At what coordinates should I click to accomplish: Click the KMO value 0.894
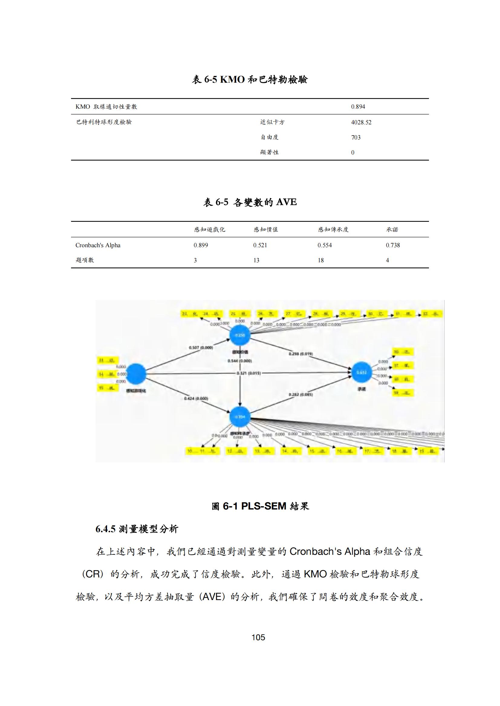point(358,107)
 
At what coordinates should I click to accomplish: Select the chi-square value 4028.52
point(361,122)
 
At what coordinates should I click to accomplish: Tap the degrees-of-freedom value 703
point(356,137)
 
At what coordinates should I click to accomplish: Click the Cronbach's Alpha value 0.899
point(201,245)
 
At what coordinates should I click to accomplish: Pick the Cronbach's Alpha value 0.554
point(324,245)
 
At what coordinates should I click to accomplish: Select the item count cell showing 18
point(320,260)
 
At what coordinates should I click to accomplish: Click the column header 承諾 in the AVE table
point(392,229)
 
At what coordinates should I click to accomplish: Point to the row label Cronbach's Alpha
point(98,245)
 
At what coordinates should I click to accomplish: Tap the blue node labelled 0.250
point(240,335)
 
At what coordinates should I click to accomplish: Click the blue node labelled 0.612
point(362,373)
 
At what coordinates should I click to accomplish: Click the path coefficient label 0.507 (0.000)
point(201,347)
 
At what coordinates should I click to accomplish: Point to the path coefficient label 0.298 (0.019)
point(300,354)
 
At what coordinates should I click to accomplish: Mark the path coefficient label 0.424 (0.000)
point(196,398)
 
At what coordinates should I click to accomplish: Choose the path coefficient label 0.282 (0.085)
point(300,395)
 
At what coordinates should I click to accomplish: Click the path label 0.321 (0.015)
point(249,373)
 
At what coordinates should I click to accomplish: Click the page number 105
point(258,637)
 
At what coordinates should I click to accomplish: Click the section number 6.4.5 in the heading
point(105,529)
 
